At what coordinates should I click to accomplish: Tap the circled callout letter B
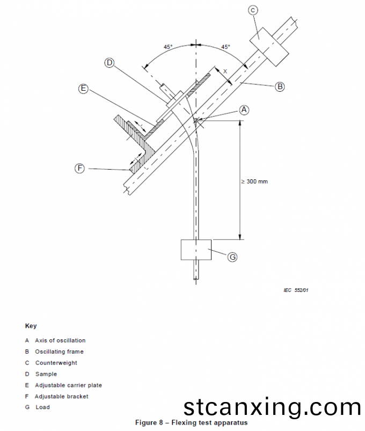(280, 86)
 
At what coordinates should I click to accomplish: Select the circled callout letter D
(109, 63)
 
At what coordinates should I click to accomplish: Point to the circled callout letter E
(83, 89)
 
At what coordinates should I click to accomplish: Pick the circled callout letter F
(79, 169)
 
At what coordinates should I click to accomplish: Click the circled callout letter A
(244, 110)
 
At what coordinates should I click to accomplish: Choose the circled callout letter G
(232, 257)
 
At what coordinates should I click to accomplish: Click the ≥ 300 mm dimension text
(254, 181)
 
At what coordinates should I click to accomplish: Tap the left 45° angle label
(168, 47)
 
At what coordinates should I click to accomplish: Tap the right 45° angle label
(225, 47)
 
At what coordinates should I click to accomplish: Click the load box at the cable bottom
(197, 250)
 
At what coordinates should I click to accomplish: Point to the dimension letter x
(225, 71)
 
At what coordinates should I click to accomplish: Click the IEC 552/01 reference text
(296, 290)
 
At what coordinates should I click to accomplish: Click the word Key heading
(31, 326)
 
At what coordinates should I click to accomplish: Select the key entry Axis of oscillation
(60, 340)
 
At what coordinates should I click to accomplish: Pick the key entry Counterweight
(56, 363)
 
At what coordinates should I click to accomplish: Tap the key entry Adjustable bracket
(61, 396)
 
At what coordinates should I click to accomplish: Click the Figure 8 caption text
(191, 423)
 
